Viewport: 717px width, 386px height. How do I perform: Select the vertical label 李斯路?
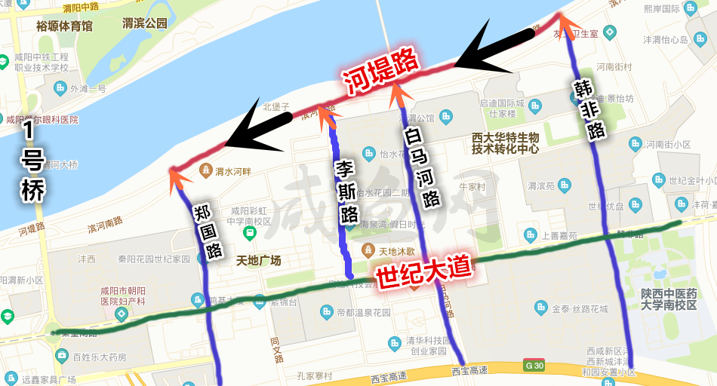(348, 192)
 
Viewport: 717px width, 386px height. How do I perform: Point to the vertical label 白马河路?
(421, 167)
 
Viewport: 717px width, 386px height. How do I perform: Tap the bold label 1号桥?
(32, 162)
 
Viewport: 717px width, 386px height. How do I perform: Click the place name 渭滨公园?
(144, 23)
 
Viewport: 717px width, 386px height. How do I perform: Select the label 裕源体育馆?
(64, 26)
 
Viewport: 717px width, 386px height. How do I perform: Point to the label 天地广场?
(258, 261)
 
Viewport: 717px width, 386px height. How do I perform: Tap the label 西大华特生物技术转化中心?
(505, 143)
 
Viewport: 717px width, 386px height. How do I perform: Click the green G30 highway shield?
(534, 366)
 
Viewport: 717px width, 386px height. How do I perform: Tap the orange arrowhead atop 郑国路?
(177, 176)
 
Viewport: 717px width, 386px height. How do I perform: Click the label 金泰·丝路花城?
(577, 308)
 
